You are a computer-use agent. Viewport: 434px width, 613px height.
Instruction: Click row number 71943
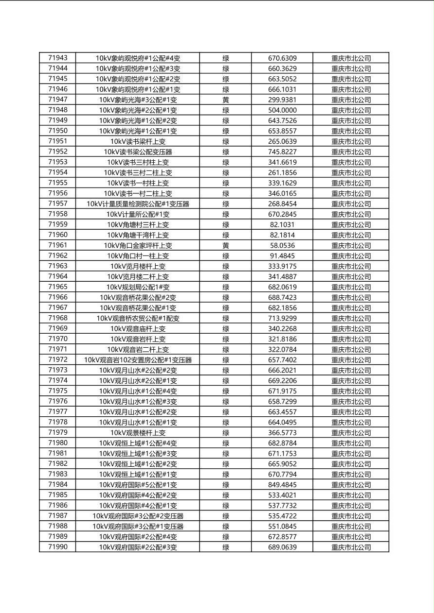(58, 58)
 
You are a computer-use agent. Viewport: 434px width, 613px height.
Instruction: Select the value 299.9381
(282, 100)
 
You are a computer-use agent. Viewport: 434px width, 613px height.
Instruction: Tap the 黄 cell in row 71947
(226, 100)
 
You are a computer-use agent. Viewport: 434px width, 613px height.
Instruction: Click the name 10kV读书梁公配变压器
(138, 152)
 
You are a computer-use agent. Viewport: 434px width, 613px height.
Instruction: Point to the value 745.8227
(282, 152)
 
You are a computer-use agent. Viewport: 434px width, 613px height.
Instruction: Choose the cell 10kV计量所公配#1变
(138, 214)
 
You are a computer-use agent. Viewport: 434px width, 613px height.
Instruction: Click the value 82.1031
(282, 225)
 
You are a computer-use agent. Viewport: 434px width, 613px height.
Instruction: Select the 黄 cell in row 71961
(226, 246)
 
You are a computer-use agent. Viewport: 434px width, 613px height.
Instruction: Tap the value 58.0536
(282, 246)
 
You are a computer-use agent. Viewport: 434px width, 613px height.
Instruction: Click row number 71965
(58, 287)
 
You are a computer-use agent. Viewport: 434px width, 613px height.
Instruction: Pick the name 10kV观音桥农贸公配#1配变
(138, 319)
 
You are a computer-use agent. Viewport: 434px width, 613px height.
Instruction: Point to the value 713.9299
(282, 319)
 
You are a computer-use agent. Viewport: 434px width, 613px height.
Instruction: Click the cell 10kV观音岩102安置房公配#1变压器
(138, 360)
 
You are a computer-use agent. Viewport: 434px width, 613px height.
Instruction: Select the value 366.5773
(282, 433)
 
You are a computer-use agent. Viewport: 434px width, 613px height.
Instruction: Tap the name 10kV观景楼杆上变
(138, 433)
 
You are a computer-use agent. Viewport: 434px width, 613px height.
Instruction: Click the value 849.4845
(282, 485)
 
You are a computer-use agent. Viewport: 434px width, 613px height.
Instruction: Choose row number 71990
(58, 547)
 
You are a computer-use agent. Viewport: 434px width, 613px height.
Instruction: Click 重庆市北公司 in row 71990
(351, 547)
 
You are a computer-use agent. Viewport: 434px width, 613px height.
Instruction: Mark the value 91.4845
(282, 256)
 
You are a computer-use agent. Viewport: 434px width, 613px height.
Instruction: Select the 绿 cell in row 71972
(226, 360)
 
